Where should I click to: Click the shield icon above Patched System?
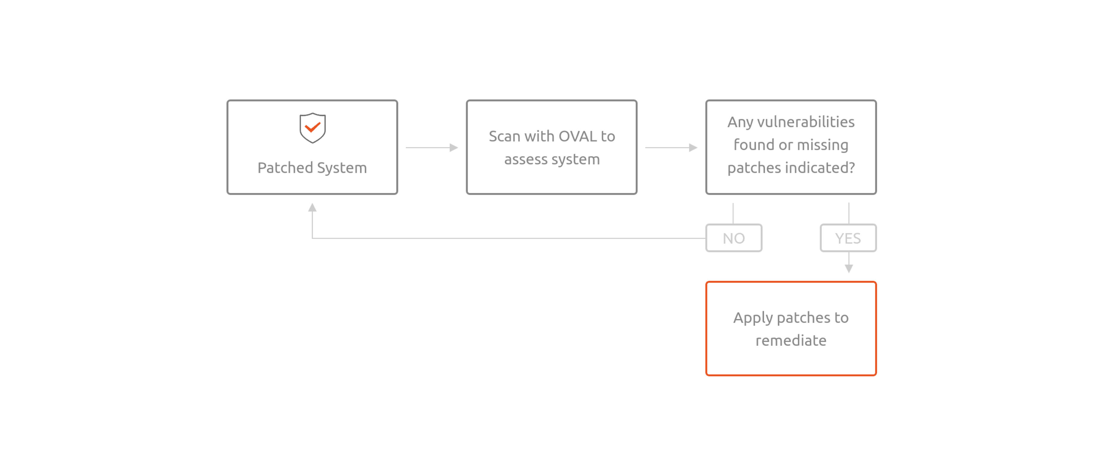(312, 128)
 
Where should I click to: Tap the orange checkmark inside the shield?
(312, 127)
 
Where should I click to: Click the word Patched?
(285, 167)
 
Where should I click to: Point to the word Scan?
(505, 136)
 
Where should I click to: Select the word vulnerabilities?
(806, 122)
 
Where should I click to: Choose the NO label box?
(734, 238)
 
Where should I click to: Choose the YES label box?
(848, 238)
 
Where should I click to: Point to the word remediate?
(791, 341)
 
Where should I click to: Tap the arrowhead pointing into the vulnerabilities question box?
(693, 147)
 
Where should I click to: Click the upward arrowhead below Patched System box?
(312, 207)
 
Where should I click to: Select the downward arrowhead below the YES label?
(849, 268)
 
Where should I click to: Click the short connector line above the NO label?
(733, 213)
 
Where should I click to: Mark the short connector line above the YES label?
(849, 213)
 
